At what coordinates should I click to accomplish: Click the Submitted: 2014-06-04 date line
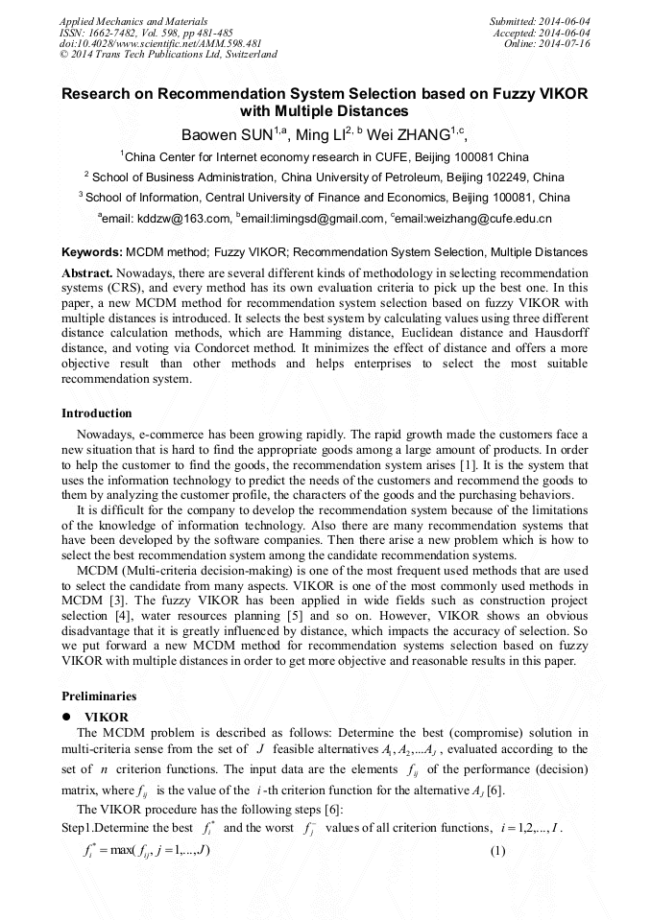click(x=540, y=20)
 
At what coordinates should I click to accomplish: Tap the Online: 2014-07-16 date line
click(x=546, y=43)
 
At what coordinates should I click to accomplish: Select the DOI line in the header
click(x=160, y=43)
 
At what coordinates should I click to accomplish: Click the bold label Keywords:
click(x=91, y=252)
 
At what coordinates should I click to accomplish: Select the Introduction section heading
click(x=97, y=413)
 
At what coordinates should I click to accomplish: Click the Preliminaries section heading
click(x=99, y=696)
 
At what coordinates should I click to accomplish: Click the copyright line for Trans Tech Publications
click(x=168, y=55)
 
